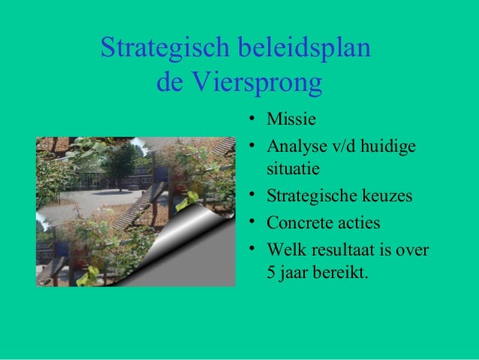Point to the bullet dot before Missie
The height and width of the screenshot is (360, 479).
click(255, 118)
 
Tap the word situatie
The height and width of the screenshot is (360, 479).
click(293, 165)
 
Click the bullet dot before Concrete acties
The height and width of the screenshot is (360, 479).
click(255, 222)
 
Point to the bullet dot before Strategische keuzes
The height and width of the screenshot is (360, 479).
click(255, 196)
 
